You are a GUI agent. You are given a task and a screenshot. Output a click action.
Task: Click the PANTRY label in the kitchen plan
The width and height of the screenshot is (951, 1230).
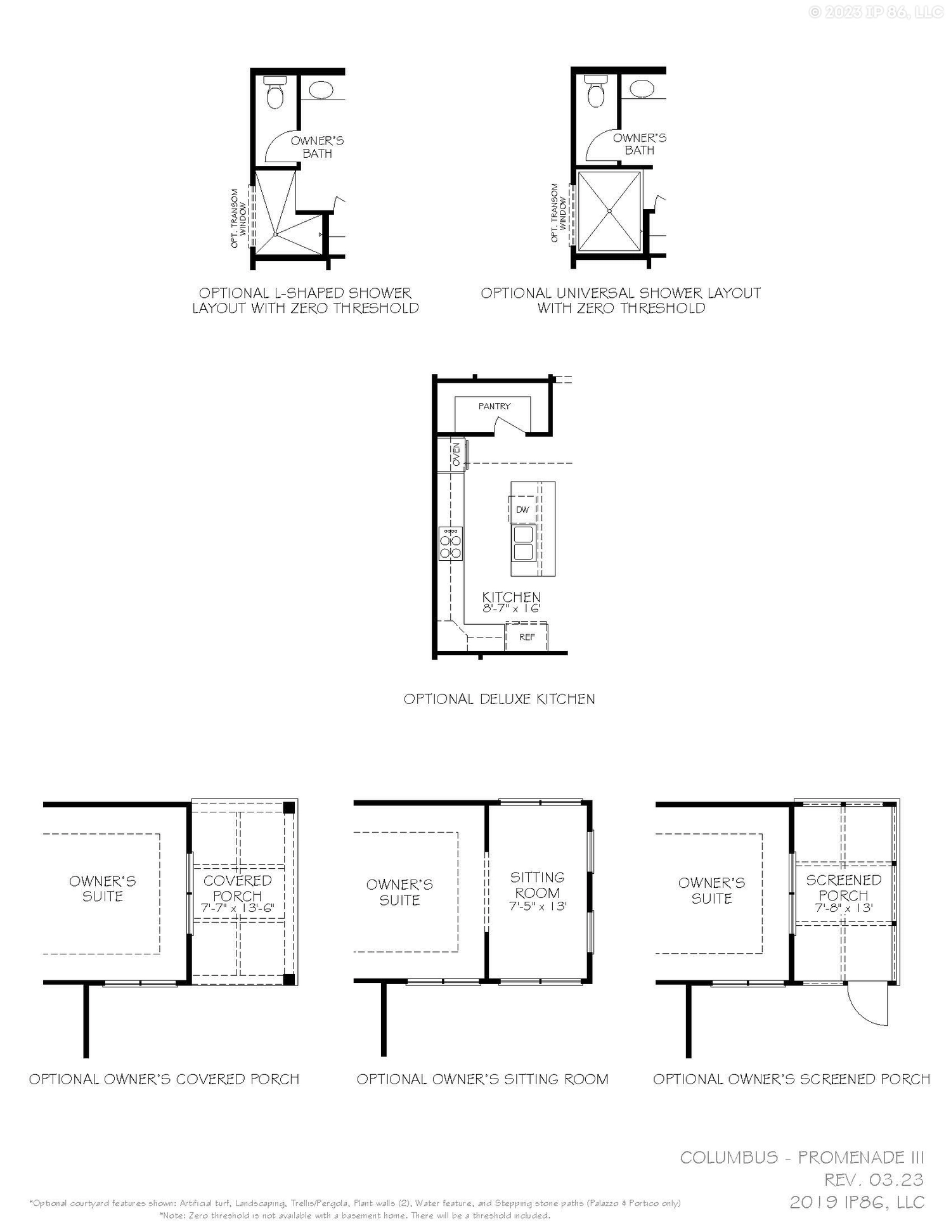pyautogui.click(x=495, y=406)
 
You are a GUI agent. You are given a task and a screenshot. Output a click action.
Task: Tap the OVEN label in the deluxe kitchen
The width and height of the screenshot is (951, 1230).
pyautogui.click(x=456, y=455)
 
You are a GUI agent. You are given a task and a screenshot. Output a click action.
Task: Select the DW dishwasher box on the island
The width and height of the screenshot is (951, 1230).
pyautogui.click(x=523, y=509)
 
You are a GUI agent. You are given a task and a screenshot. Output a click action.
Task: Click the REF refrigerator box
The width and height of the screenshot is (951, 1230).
pyautogui.click(x=527, y=637)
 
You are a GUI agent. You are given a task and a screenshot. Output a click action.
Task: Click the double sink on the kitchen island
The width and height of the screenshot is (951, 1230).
pyautogui.click(x=524, y=544)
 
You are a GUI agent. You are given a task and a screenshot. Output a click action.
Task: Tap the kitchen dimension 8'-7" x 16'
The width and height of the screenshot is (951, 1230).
pyautogui.click(x=511, y=609)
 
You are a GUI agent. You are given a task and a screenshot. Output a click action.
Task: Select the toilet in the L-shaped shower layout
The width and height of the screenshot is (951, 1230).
pyautogui.click(x=275, y=93)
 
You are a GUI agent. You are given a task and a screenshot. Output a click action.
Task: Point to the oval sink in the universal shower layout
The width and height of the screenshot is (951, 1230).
pyautogui.click(x=642, y=89)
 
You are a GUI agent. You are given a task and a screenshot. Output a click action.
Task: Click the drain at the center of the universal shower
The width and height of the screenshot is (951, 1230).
pyautogui.click(x=609, y=211)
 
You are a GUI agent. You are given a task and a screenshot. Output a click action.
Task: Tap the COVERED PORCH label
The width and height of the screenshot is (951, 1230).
pyautogui.click(x=237, y=888)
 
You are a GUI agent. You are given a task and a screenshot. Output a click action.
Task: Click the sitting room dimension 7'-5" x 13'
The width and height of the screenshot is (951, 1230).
pyautogui.click(x=538, y=907)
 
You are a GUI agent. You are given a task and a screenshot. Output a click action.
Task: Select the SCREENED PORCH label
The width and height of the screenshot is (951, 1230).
pyautogui.click(x=843, y=887)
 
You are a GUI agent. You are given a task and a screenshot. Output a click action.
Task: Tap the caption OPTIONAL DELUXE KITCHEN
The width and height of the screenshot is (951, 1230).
pyautogui.click(x=499, y=699)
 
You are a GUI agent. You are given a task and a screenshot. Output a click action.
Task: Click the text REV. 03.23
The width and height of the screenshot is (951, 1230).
pyautogui.click(x=874, y=1180)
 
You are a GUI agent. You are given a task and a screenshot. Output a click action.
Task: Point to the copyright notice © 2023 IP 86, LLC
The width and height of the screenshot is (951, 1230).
pyautogui.click(x=876, y=12)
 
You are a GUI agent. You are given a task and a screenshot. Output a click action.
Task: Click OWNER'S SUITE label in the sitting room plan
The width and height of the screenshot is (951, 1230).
pyautogui.click(x=399, y=892)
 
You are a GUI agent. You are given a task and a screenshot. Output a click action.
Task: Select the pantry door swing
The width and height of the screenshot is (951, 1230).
pyautogui.click(x=511, y=428)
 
